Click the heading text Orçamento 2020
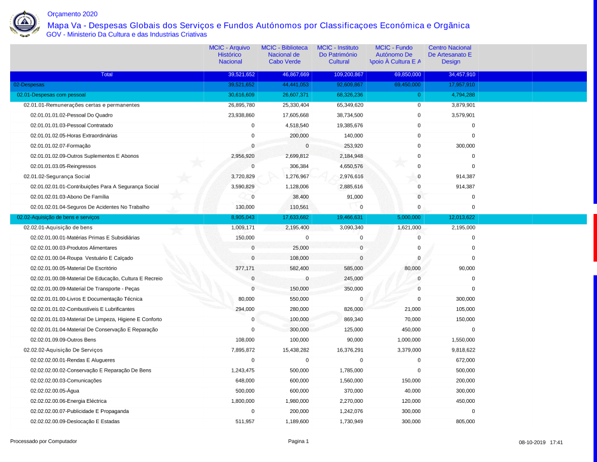coord(72,14)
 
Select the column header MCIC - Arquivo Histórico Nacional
coord(230,54)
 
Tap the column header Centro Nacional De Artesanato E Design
coord(450,54)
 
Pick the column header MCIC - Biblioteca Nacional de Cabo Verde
coord(284,54)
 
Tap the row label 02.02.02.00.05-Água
coord(55,391)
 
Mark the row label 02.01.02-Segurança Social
coord(57,176)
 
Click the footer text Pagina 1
coord(298,442)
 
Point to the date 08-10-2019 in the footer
coord(532,443)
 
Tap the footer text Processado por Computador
coord(44,442)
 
